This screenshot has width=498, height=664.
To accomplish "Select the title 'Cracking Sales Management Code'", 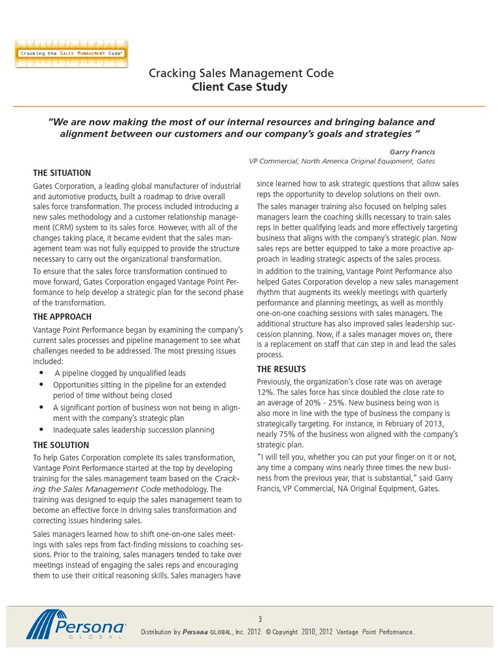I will pos(241,73).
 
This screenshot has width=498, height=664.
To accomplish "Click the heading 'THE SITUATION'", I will pos(62,173).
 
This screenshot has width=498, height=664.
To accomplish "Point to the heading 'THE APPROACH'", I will pos(62,316).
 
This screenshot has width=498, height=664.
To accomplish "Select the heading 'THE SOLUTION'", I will pos(62,445).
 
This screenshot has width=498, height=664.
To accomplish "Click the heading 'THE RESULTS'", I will pos(283,369).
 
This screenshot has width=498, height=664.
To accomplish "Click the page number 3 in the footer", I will pos(259,619).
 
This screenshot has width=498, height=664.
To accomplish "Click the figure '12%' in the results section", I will pos(266,392).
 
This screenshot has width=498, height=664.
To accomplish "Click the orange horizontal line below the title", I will pos(249,106).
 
